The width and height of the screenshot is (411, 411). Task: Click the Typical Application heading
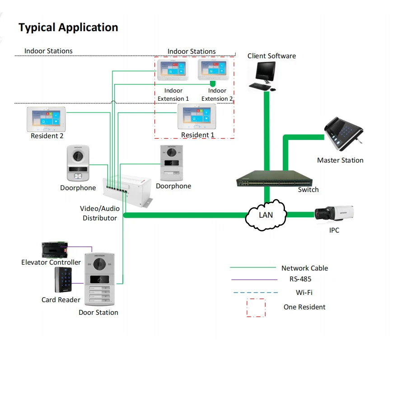pyautogui.click(x=68, y=28)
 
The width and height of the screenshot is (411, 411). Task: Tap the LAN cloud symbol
pyautogui.click(x=266, y=215)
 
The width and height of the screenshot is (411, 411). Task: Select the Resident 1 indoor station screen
pyautogui.click(x=196, y=117)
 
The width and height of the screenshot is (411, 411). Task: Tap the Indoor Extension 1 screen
pyautogui.click(x=172, y=69)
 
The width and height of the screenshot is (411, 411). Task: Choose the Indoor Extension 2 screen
pyautogui.click(x=212, y=69)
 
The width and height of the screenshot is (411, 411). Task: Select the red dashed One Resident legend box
pyautogui.click(x=256, y=307)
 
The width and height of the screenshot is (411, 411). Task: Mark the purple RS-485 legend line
pyautogui.click(x=254, y=280)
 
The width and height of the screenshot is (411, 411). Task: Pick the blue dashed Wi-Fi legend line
pyautogui.click(x=256, y=293)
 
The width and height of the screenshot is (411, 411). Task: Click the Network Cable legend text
pyautogui.click(x=304, y=268)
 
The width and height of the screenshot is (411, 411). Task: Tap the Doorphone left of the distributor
pyautogui.click(x=78, y=163)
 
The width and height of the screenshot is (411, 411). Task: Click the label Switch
pyautogui.click(x=308, y=190)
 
